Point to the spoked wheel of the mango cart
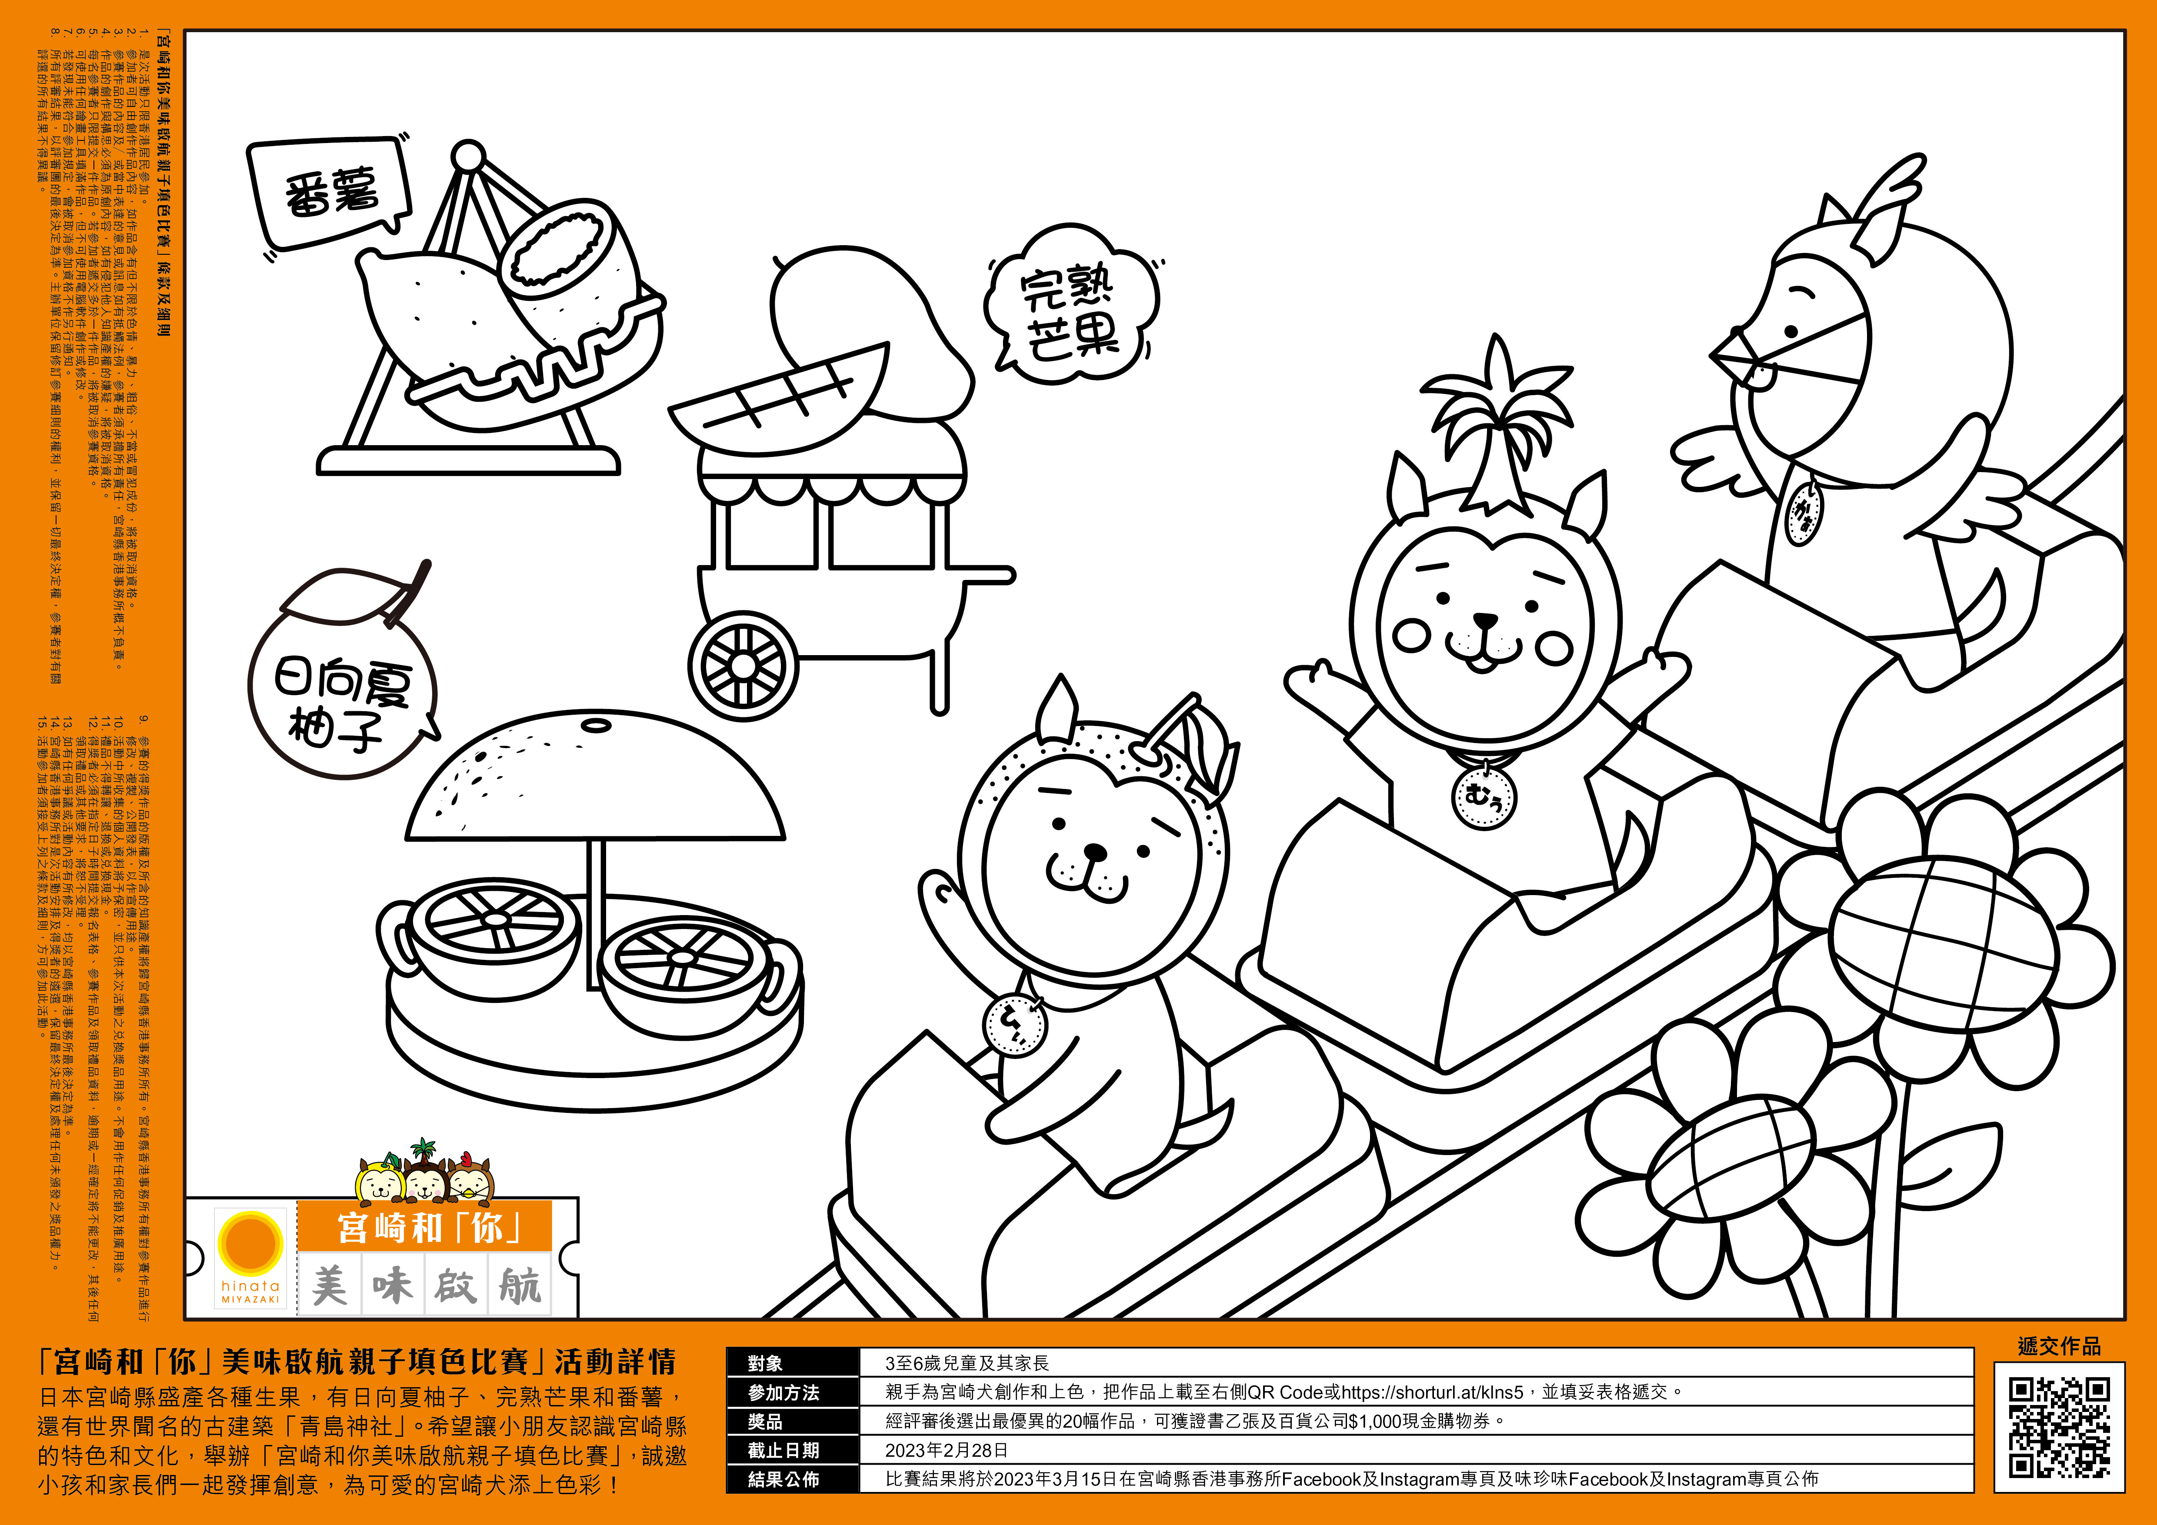(x=742, y=665)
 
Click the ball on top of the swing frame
(x=467, y=155)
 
